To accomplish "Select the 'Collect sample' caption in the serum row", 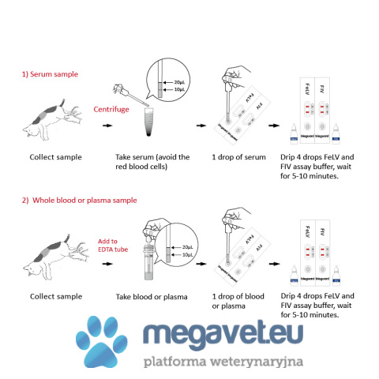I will click(55, 157).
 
